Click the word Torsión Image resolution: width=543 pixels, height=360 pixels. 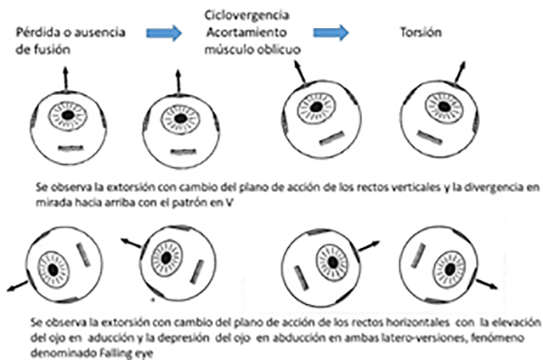[421, 33]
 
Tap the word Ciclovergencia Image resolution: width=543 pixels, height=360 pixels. [246, 14]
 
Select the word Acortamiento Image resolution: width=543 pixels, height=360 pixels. [246, 33]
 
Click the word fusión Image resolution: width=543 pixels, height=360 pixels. [52, 49]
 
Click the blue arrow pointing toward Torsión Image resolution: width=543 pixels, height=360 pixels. [330, 33]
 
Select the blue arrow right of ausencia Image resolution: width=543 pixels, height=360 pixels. [164, 33]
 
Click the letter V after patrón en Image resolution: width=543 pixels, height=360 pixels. [229, 203]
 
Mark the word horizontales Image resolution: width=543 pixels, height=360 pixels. [417, 322]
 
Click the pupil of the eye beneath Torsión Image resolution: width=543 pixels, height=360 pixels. [444, 107]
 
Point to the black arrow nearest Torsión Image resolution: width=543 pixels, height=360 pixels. [460, 72]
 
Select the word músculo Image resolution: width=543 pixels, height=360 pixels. [229, 50]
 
